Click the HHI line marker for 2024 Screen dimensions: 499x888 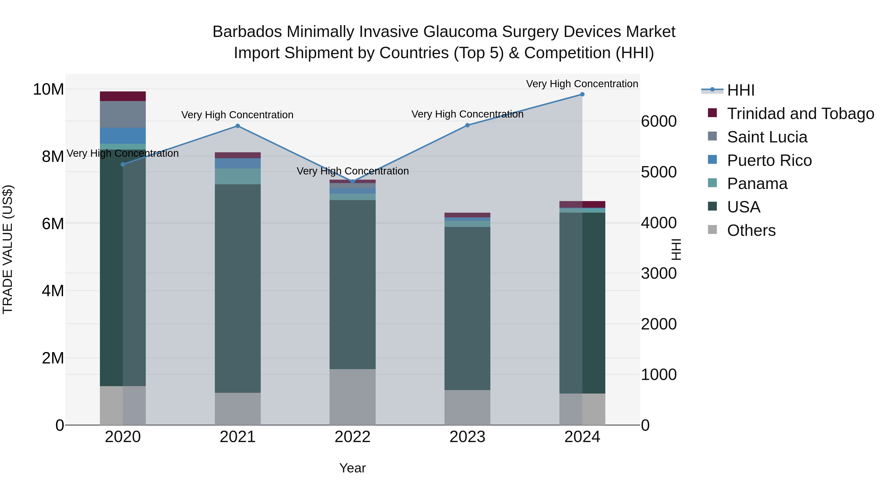pos(582,94)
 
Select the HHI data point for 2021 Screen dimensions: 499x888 pos(238,126)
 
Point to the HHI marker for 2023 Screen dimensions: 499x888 pos(467,125)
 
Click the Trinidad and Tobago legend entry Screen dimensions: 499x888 pos(800,114)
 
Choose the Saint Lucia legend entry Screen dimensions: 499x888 pos(767,137)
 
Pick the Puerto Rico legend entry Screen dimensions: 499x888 pos(769,160)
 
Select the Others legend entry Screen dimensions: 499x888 pos(751,230)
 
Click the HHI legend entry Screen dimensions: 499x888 pos(740,90)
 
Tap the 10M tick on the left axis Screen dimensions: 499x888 pos(48,89)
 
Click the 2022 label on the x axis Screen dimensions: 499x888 pos(352,437)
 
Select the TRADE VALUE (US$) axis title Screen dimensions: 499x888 pos(8,249)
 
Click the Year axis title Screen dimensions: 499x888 pos(352,468)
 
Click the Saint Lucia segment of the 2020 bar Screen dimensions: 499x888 pos(123,114)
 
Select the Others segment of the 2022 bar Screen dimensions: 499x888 pos(352,397)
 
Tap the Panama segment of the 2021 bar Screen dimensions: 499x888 pos(238,176)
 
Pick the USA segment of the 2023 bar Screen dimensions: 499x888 pos(467,308)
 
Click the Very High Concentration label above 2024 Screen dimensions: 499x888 pos(582,84)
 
